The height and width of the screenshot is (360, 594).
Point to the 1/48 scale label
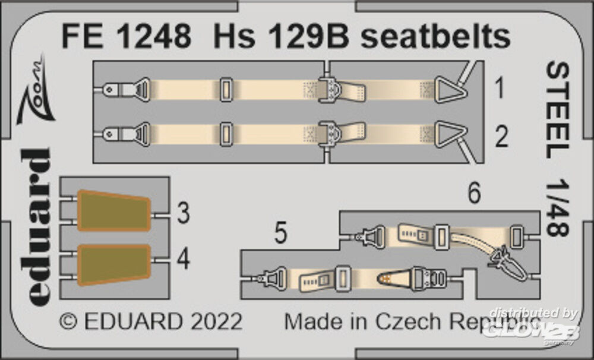[558, 208]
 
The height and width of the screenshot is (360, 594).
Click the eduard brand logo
[36, 226]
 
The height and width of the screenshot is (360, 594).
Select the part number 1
[500, 88]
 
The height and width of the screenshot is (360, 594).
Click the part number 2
[501, 137]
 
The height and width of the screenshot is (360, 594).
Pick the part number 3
[184, 213]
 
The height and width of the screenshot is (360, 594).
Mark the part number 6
[474, 192]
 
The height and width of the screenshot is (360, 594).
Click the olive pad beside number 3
[113, 211]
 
